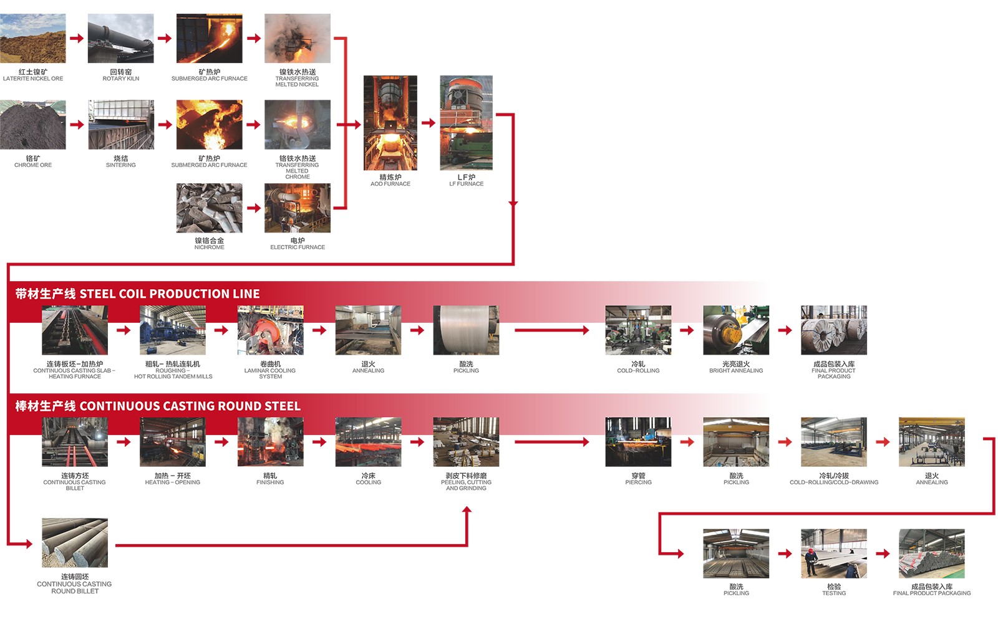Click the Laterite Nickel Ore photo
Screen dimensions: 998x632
33,38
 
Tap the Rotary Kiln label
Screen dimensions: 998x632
121,75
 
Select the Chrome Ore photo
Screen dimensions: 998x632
33,125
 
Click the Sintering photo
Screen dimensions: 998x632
121,125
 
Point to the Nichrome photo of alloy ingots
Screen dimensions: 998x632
210,208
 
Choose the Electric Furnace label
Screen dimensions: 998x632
298,244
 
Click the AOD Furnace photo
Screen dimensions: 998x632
390,123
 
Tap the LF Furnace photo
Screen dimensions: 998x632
467,123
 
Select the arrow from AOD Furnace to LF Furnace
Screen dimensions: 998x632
429,123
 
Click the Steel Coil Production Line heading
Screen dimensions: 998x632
137,294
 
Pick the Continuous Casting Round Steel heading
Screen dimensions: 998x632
158,406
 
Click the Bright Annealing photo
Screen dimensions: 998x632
736,330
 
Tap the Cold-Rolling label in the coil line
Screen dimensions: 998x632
638,367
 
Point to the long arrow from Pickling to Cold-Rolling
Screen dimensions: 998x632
552,330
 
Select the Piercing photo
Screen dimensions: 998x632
638,442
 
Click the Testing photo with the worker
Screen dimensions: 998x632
834,553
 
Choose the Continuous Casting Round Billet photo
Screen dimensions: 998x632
75,542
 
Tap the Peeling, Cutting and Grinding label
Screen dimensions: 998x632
466,482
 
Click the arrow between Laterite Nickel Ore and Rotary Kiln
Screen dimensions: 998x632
77,38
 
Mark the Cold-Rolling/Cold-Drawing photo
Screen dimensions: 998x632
834,442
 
